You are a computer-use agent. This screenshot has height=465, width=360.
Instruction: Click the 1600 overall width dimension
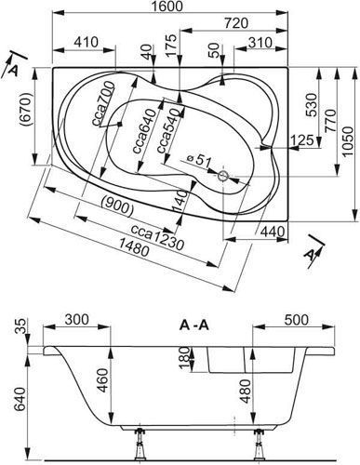click(167, 6)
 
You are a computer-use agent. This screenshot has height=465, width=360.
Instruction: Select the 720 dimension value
click(236, 23)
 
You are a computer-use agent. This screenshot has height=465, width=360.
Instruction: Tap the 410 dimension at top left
click(86, 42)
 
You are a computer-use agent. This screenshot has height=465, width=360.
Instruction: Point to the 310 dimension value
click(260, 43)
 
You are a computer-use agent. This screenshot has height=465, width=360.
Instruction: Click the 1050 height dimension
click(348, 142)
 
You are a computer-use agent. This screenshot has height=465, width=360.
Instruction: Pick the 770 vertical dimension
click(330, 121)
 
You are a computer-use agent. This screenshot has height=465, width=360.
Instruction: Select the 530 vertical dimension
click(311, 105)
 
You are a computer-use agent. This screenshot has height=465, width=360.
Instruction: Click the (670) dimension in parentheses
click(26, 110)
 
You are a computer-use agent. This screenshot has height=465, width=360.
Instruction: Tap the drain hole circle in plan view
click(223, 176)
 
